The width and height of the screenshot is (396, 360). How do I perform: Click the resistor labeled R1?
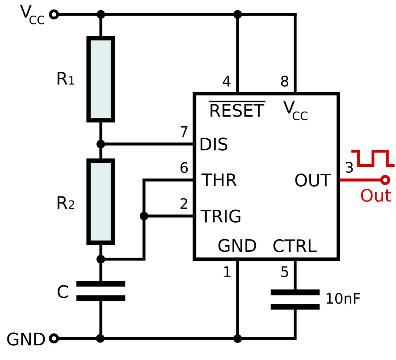click(100, 79)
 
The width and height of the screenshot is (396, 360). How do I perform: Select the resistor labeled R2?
click(100, 201)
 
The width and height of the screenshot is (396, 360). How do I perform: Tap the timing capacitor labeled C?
click(100, 291)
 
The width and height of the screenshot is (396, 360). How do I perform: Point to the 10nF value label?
click(343, 299)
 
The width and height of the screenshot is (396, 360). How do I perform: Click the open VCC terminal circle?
click(54, 15)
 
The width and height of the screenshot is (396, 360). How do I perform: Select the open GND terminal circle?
click(54, 339)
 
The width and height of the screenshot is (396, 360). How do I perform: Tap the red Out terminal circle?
click(385, 180)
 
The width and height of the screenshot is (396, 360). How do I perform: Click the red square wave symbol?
click(372, 158)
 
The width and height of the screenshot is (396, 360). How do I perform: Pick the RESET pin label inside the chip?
click(237, 111)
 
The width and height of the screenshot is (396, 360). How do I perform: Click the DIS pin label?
click(213, 145)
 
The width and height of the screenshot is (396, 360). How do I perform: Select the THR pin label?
click(219, 181)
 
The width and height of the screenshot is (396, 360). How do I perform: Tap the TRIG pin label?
click(221, 216)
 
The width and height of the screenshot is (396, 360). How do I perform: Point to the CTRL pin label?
click(294, 247)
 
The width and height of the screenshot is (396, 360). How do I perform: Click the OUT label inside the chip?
click(313, 181)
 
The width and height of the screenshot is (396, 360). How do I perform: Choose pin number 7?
click(184, 132)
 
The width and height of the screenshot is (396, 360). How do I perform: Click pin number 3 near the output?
click(349, 168)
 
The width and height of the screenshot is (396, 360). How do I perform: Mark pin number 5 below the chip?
click(284, 272)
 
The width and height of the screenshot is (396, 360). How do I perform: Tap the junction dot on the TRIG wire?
click(144, 216)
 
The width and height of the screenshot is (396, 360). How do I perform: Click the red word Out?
click(375, 196)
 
